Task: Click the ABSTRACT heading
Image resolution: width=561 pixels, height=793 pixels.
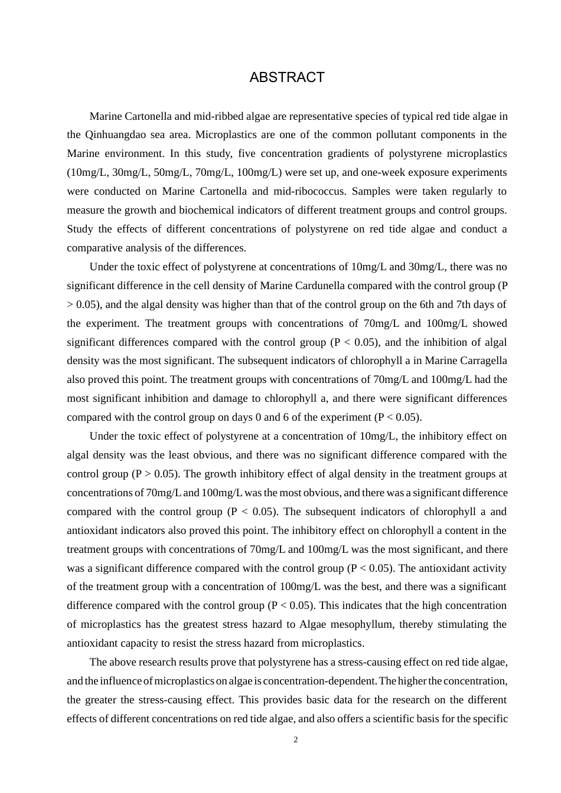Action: [287, 77]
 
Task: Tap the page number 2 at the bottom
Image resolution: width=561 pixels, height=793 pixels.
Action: [296, 739]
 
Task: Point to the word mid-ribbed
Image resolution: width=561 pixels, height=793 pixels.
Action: [225, 116]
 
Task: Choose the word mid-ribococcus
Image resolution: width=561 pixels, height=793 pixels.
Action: [308, 191]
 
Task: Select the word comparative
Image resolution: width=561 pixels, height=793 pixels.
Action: [93, 248]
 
